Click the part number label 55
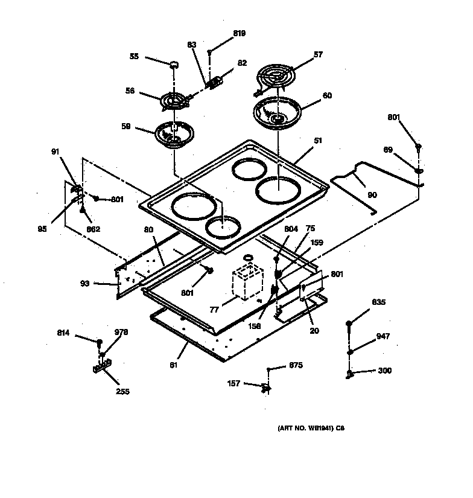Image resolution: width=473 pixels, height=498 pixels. coord(134,56)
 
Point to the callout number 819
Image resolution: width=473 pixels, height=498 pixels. coord(239,33)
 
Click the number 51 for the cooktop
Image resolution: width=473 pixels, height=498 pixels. coord(318,141)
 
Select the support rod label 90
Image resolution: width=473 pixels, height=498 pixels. coord(372,194)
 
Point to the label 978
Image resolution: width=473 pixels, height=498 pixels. coord(122,332)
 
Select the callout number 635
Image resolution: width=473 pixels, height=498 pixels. coord(378,302)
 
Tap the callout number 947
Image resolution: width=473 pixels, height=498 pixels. coord(383,336)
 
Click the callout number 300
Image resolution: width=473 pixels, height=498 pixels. coord(384,371)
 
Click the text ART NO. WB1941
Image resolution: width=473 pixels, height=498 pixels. coord(305,429)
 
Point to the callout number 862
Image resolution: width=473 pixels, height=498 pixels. coord(93,229)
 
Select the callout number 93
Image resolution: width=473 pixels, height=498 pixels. coord(84,283)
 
